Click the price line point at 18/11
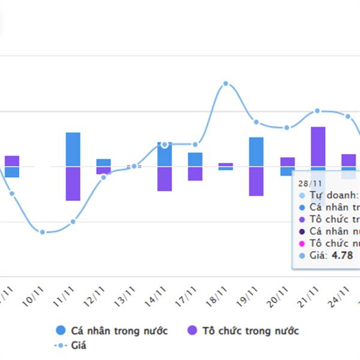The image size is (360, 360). pos(226,84)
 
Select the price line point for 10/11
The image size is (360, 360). pos(42,232)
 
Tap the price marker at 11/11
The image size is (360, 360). pos(73,221)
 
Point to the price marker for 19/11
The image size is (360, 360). pos(256,122)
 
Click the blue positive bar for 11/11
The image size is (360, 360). pos(73,149)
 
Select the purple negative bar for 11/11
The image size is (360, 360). pos(73,183)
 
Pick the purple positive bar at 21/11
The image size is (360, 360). pos(318,146)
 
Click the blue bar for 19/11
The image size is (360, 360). pos(256,151)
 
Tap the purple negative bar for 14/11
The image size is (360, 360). pos(164,178)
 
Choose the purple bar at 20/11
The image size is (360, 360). pos(287,161)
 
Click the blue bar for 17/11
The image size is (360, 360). pos(195,159)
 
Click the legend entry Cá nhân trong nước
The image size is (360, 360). pos(111,331)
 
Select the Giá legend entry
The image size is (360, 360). pos(72,346)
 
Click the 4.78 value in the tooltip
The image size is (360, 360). pos(342,256)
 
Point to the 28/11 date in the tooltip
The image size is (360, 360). pos(311,183)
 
